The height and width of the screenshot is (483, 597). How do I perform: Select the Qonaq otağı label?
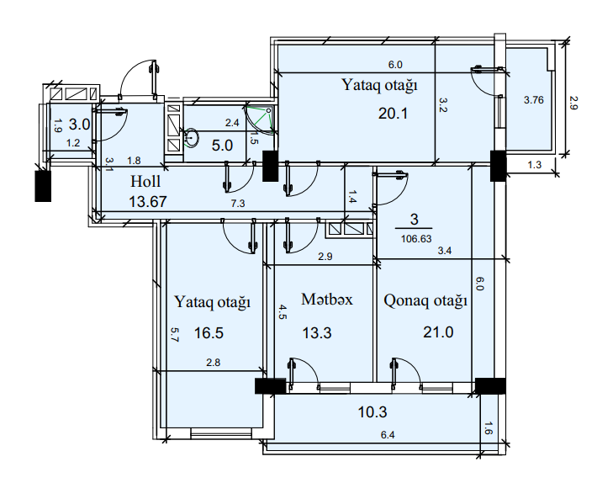[x=425, y=300]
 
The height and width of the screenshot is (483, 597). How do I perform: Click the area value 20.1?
[x=393, y=114]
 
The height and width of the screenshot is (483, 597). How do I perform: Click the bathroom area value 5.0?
[x=222, y=145]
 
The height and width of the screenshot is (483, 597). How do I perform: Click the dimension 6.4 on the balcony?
[x=387, y=435]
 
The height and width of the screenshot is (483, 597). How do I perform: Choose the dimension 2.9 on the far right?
[x=573, y=103]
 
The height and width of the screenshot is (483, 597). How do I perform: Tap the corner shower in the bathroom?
[x=262, y=119]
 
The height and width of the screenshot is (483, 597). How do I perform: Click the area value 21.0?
[x=438, y=332]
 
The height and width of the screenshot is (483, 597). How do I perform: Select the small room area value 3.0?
[x=79, y=125]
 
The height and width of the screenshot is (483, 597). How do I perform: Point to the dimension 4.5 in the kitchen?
[x=283, y=312]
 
